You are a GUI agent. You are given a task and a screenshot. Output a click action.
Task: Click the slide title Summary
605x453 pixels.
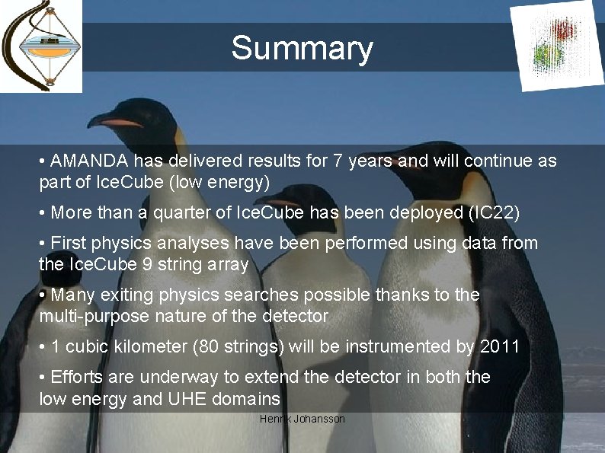(x=302, y=48)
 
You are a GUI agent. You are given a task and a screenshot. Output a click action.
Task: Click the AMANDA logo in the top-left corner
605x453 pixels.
(x=41, y=46)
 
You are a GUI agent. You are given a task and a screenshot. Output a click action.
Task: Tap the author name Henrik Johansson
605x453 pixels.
(x=302, y=420)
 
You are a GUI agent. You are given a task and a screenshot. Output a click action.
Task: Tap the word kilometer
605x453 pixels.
(x=149, y=347)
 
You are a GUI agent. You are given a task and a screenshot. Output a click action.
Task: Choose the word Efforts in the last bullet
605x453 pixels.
(x=76, y=378)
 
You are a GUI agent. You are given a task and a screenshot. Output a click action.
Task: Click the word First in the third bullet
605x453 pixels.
(x=68, y=244)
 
